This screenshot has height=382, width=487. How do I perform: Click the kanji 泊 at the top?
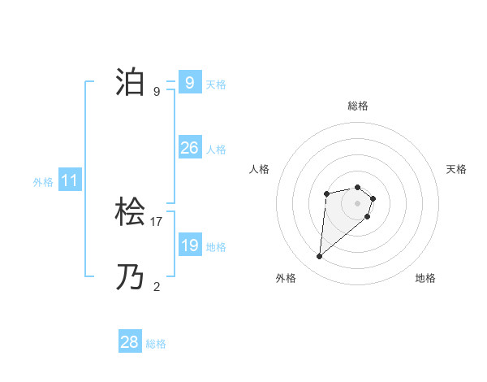tap(130, 83)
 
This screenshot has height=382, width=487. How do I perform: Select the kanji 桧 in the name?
tap(130, 214)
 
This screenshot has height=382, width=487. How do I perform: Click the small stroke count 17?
tap(157, 221)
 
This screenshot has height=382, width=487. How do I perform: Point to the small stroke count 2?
tap(157, 286)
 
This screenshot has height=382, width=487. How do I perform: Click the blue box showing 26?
tap(189, 148)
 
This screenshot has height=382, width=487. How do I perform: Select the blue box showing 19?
tap(189, 245)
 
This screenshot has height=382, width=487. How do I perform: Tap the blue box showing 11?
tap(70, 181)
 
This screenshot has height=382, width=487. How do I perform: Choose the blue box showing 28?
tap(130, 342)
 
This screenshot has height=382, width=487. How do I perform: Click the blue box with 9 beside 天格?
tap(189, 83)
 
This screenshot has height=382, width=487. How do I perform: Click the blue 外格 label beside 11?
tap(43, 182)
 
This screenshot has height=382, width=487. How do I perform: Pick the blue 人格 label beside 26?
tap(216, 150)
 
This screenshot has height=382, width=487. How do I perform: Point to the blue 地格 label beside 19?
tap(216, 247)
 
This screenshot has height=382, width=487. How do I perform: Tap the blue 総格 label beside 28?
tap(156, 344)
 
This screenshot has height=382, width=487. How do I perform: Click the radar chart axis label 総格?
tap(358, 106)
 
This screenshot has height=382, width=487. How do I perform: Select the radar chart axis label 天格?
tap(457, 169)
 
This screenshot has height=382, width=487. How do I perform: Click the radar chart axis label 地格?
tap(425, 278)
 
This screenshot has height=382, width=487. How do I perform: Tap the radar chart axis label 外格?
tap(286, 278)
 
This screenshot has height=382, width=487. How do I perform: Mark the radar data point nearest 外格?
tap(320, 257)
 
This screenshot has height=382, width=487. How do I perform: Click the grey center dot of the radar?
tap(358, 202)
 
